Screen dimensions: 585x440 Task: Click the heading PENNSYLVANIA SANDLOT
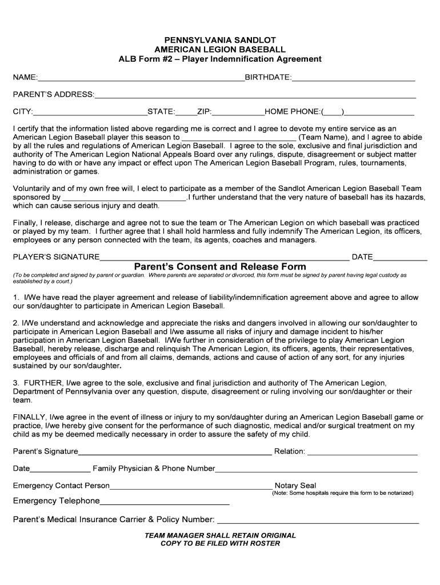pyautogui.click(x=220, y=40)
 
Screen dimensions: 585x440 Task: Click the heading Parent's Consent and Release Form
pyautogui.click(x=220, y=267)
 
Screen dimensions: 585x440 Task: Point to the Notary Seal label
pyautogui.click(x=295, y=486)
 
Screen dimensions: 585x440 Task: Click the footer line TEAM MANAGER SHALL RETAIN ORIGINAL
pyautogui.click(x=220, y=535)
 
